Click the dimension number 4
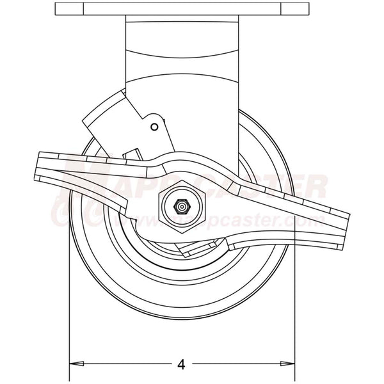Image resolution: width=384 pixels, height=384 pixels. [x=181, y=365]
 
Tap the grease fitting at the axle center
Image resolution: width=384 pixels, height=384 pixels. [x=182, y=206]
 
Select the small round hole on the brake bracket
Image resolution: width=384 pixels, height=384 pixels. [x=154, y=127]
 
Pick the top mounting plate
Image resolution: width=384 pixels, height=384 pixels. [x=182, y=9]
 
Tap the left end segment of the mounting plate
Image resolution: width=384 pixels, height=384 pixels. [x=69, y=9]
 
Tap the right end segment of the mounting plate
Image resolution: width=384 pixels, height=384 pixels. [x=295, y=9]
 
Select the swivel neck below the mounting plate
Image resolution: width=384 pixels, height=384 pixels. [x=182, y=51]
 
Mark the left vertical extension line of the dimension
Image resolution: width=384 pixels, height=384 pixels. [x=69, y=307]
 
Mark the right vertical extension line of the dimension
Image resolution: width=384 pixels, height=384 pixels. [x=295, y=307]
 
